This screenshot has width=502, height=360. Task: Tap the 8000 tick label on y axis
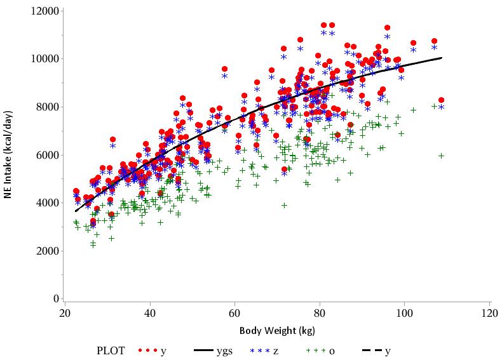click(49, 107)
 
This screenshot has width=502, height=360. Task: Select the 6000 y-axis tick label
click(49, 155)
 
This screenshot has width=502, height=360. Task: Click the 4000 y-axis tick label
click(49, 203)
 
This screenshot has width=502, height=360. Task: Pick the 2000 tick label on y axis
click(49, 251)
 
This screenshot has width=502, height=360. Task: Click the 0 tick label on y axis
click(57, 298)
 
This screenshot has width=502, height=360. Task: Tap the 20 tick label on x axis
click(65, 313)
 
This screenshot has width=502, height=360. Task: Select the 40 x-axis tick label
click(150, 313)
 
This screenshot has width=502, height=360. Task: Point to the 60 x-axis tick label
click(234, 313)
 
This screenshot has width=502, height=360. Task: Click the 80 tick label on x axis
click(320, 313)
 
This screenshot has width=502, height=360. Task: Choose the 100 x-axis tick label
click(404, 313)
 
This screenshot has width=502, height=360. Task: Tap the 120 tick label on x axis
click(489, 313)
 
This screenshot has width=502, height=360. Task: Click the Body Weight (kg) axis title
click(277, 331)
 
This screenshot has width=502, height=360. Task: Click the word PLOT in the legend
click(111, 350)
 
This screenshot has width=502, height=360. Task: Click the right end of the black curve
click(441, 58)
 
